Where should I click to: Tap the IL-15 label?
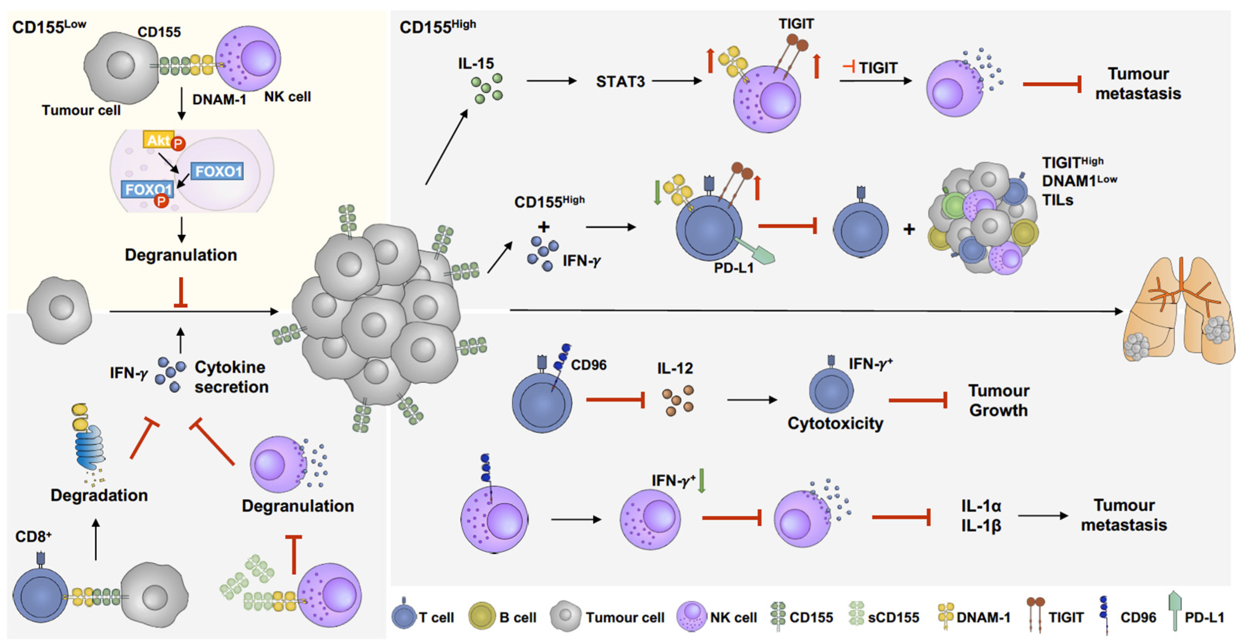[476, 63]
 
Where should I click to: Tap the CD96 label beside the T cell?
[589, 365]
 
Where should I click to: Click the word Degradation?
[99, 495]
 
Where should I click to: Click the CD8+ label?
[33, 536]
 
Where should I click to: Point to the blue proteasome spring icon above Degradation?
[89, 446]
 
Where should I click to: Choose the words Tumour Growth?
[999, 400]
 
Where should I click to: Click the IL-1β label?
[981, 526]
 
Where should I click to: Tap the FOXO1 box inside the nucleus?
[217, 171]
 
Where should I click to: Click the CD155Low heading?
[49, 27]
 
